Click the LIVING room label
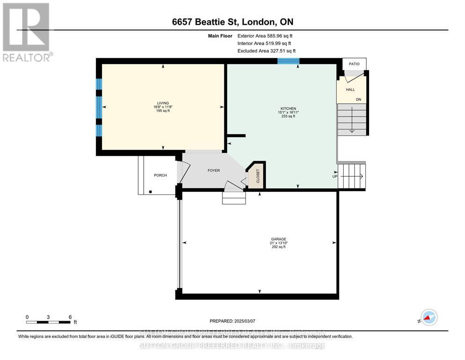(162, 103)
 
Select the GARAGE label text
(279, 239)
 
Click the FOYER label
(214, 171)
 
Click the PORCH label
(160, 175)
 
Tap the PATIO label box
(354, 64)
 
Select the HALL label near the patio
(350, 90)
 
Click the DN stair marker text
(358, 99)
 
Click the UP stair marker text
(334, 177)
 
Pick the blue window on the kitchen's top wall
(288, 61)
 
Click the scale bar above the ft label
(49, 322)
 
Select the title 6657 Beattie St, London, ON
(232, 22)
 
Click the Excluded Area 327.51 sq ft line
(266, 51)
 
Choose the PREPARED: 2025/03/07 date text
(232, 321)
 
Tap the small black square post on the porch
(150, 192)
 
